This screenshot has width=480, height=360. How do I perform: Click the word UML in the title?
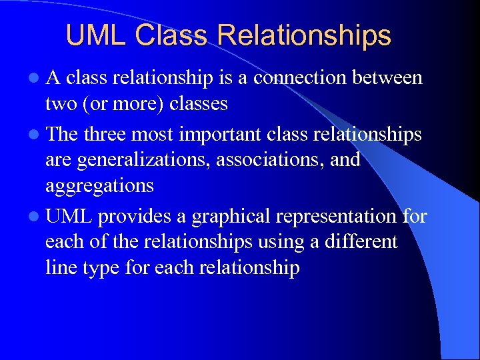pos(96,35)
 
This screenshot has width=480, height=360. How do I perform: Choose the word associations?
pos(276,160)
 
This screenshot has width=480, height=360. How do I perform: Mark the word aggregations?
pos(99,186)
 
